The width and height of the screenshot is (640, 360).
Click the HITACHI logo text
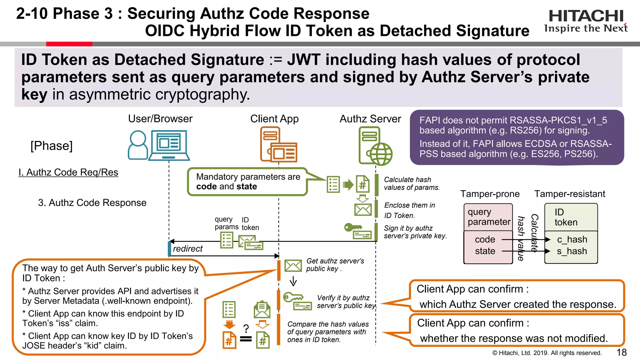[x=586, y=16]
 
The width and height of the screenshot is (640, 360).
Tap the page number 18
[x=621, y=352]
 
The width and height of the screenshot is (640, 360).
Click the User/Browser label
[x=160, y=119]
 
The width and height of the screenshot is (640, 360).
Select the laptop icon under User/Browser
[x=169, y=145]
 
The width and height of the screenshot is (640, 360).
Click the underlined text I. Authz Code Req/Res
[x=68, y=172]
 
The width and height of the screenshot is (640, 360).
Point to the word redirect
[x=187, y=249]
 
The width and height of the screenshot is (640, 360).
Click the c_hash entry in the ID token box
[x=572, y=239]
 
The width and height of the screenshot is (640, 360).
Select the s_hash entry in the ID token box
[x=572, y=251]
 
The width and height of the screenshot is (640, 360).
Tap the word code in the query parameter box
[x=485, y=239]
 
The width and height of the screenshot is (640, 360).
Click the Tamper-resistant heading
[x=569, y=194]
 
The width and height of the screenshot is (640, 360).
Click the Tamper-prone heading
[x=490, y=194]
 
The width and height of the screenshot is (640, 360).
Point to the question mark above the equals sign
[x=246, y=328]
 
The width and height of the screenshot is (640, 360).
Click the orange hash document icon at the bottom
[x=229, y=340]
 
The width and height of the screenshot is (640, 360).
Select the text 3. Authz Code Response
[x=92, y=202]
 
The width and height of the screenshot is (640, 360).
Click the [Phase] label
[x=52, y=146]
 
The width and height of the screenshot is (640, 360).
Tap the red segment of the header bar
[x=69, y=44]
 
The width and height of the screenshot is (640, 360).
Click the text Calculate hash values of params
[x=411, y=183]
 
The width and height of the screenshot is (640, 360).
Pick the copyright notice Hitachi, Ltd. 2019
[x=547, y=353]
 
